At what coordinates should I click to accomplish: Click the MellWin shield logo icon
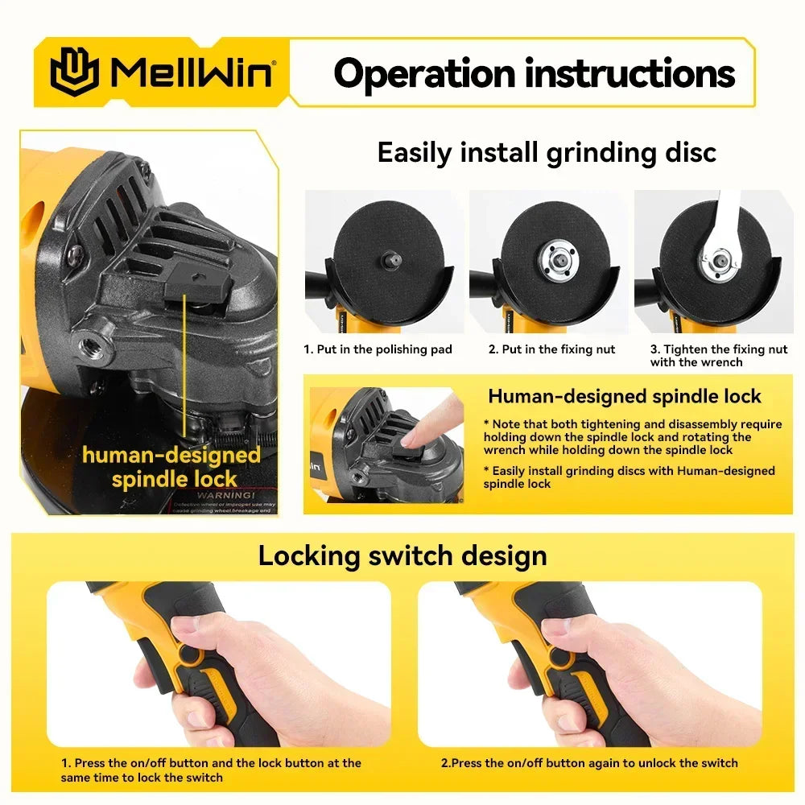point(74,72)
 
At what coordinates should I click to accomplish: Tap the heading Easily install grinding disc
point(547,152)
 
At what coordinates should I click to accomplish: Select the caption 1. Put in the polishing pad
point(378,349)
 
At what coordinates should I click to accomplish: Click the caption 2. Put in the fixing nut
point(551,349)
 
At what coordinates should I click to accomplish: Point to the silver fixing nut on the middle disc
point(551,257)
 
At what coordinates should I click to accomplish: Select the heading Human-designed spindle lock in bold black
point(624,396)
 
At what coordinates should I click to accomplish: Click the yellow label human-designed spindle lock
point(171,467)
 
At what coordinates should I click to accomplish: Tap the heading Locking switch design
point(402,555)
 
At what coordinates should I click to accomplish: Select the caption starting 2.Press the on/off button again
point(588,762)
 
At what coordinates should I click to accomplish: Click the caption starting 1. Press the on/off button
point(211,770)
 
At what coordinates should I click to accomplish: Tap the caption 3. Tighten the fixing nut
point(719,355)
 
